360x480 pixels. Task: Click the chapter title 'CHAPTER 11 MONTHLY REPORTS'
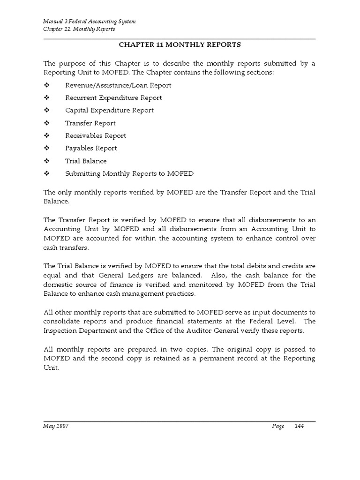pos(180,45)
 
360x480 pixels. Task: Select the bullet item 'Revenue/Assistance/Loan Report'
pos(118,85)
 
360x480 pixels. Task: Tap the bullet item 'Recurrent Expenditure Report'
pos(113,98)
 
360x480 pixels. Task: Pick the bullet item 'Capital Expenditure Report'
pos(109,111)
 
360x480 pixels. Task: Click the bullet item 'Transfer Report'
pos(90,123)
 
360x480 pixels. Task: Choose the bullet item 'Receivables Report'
pos(96,136)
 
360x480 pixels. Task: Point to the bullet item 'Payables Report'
pos(91,149)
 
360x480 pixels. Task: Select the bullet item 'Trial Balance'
pos(86,161)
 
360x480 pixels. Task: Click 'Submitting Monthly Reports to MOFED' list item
pos(129,174)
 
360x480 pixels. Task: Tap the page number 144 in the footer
pos(299,426)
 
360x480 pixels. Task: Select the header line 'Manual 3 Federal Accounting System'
pos(90,22)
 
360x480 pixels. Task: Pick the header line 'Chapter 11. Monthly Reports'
pos(79,29)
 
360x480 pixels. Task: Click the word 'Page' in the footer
pos(278,426)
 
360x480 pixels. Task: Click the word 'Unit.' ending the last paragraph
pos(52,368)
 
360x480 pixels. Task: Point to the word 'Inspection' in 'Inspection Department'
pos(60,331)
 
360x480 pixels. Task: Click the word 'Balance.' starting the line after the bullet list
pos(56,201)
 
